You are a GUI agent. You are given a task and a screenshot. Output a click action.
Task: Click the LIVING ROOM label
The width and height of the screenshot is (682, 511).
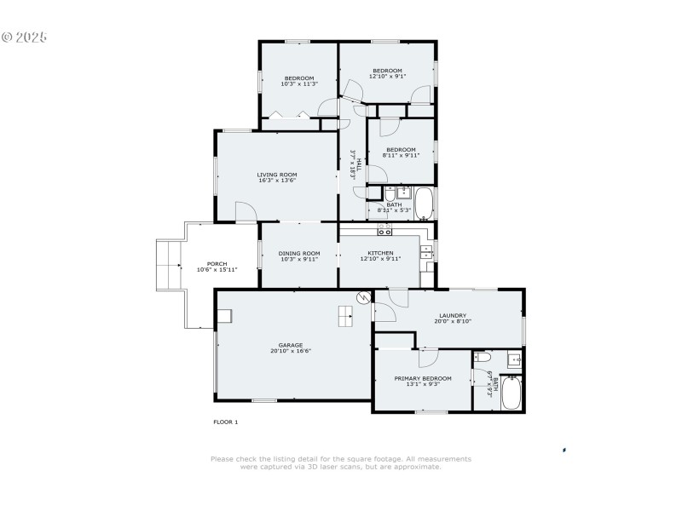(277, 175)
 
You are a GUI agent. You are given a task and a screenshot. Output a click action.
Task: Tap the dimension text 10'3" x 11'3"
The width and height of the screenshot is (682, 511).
(298, 84)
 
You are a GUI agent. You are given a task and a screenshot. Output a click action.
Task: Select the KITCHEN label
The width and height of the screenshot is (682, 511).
(380, 253)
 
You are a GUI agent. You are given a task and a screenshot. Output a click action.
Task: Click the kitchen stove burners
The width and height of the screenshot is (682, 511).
(384, 230)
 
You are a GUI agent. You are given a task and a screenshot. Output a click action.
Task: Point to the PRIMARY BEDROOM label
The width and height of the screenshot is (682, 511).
(422, 378)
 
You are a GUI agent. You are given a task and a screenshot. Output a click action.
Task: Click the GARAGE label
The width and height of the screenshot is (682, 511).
(290, 345)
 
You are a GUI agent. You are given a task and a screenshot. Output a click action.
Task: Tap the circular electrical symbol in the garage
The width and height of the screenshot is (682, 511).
(363, 297)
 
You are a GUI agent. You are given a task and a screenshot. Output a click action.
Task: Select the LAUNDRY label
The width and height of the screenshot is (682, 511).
(452, 315)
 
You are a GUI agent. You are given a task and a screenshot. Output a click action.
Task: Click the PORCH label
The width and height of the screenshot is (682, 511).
(217, 263)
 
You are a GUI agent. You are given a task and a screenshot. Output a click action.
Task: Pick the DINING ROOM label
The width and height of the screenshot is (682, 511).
(299, 253)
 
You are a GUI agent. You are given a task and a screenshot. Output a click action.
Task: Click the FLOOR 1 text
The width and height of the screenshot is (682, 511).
(225, 422)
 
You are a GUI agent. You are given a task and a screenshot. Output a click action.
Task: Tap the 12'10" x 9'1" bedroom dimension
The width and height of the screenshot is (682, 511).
(387, 77)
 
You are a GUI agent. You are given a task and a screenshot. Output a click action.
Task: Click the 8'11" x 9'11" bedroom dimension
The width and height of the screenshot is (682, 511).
(401, 155)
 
